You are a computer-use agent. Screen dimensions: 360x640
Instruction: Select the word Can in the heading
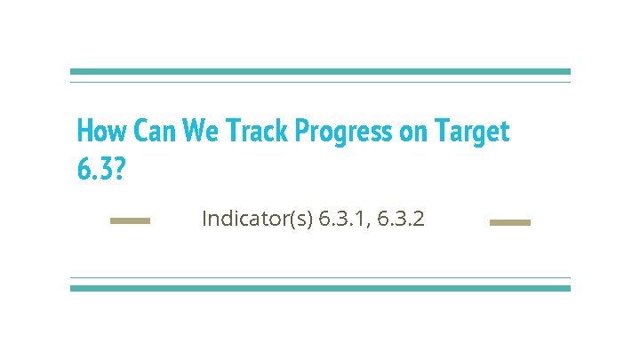click(x=155, y=132)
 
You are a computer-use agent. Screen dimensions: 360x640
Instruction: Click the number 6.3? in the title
click(x=101, y=167)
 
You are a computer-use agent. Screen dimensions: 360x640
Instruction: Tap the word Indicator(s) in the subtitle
click(x=257, y=219)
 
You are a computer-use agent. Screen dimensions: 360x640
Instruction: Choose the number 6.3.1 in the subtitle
click(x=343, y=219)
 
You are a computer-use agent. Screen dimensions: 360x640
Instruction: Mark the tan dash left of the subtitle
click(x=130, y=221)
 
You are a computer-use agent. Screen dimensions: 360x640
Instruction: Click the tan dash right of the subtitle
click(x=510, y=222)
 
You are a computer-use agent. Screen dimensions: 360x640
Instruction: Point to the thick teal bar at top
click(x=320, y=72)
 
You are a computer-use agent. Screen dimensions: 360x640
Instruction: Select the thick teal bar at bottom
click(x=320, y=288)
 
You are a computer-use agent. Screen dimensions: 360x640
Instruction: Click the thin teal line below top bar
click(x=320, y=82)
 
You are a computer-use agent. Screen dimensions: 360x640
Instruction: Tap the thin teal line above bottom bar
click(x=320, y=278)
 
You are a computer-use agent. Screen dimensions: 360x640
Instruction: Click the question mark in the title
click(x=120, y=167)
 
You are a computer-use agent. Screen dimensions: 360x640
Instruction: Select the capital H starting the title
click(x=85, y=132)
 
